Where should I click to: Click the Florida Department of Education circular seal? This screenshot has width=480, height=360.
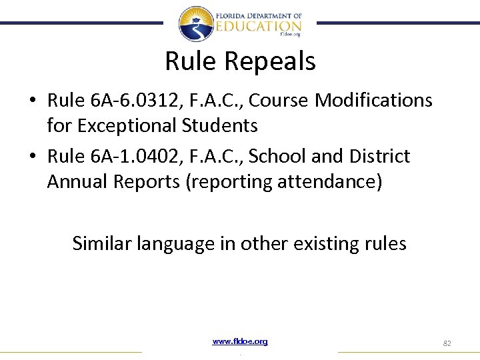click(196, 24)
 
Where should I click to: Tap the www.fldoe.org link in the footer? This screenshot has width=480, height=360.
click(240, 341)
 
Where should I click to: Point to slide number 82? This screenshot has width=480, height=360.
click(447, 343)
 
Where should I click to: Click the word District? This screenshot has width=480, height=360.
click(379, 157)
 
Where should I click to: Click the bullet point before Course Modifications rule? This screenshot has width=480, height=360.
click(32, 101)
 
